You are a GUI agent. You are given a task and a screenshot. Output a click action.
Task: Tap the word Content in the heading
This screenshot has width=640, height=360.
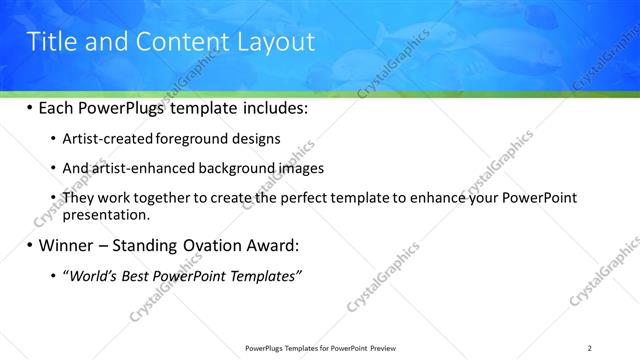[183, 41]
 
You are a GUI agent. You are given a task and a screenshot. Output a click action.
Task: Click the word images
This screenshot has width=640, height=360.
[298, 168]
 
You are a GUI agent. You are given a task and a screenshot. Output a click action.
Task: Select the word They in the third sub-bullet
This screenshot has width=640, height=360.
[78, 198]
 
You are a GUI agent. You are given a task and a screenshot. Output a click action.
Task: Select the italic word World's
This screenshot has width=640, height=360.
[93, 276]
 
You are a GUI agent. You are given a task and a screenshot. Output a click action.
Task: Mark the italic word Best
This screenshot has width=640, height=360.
[143, 276]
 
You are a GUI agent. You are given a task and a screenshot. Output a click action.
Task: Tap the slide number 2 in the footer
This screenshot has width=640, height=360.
[590, 348]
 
